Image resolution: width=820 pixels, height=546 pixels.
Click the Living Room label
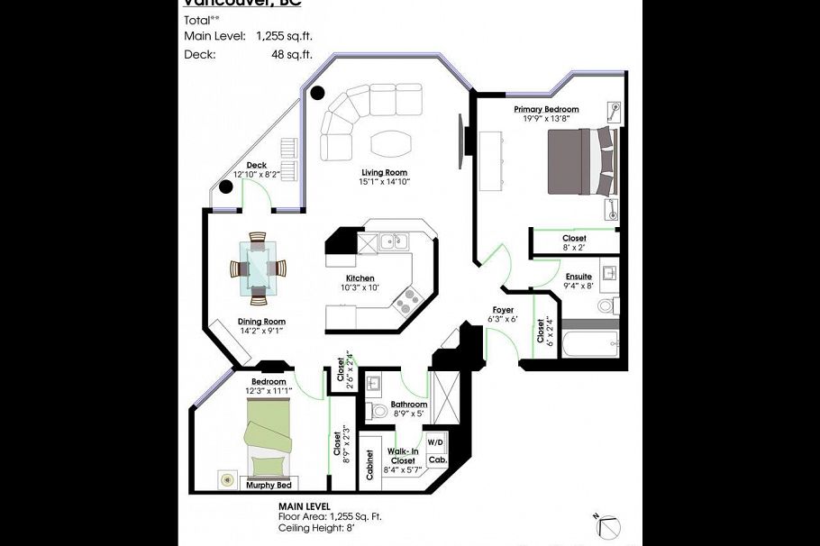(385, 172)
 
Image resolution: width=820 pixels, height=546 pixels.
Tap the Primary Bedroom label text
(546, 109)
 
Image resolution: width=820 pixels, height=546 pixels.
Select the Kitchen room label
(360, 278)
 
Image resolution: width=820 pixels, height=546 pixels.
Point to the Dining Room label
(261, 322)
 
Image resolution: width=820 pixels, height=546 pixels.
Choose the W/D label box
(435, 442)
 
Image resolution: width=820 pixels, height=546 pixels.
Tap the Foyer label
(503, 310)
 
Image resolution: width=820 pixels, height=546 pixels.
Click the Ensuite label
(579, 277)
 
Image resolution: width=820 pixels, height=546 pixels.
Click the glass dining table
(259, 268)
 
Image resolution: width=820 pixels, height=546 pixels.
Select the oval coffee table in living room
(388, 144)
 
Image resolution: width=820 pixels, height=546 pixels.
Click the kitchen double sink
(391, 241)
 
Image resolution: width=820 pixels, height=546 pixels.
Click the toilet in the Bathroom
(378, 411)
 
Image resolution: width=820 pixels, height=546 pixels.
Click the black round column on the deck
(226, 187)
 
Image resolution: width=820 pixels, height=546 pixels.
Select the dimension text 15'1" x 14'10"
(385, 182)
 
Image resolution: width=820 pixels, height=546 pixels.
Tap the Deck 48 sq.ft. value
(284, 53)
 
